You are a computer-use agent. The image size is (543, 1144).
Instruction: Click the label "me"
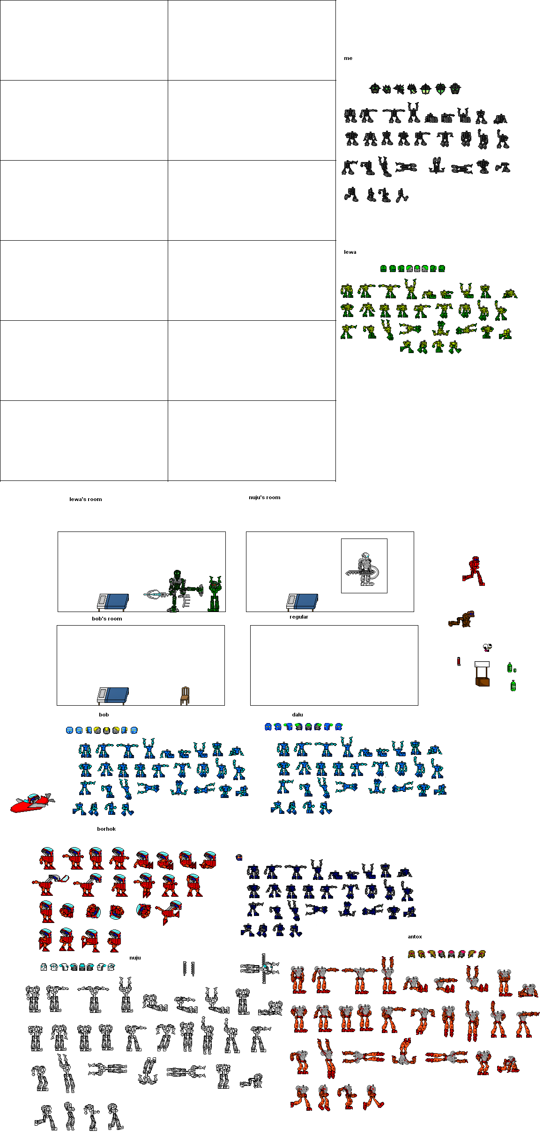348,59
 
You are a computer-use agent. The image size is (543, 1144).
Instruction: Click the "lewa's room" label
85,499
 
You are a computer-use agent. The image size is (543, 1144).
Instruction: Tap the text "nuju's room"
264,497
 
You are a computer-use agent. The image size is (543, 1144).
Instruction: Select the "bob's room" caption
107,619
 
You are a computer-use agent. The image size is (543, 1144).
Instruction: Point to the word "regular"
299,617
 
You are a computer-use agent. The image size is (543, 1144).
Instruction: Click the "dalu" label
298,715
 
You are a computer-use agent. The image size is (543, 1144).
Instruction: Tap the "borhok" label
106,829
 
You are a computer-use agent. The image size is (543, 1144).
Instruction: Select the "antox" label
415,937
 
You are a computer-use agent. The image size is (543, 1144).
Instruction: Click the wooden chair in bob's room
185,695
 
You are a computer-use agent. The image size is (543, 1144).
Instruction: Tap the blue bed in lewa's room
113,602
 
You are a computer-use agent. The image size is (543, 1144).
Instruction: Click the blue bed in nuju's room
302,602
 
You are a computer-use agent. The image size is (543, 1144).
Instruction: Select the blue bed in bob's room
113,696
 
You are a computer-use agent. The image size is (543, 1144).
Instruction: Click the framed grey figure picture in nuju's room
364,566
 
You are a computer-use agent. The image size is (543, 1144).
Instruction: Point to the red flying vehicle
31,803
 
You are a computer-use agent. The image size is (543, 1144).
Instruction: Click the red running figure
474,571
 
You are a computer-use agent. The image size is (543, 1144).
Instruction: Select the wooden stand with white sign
482,674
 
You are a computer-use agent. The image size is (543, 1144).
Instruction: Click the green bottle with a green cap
513,686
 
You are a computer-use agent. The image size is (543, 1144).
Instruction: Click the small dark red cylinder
459,662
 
